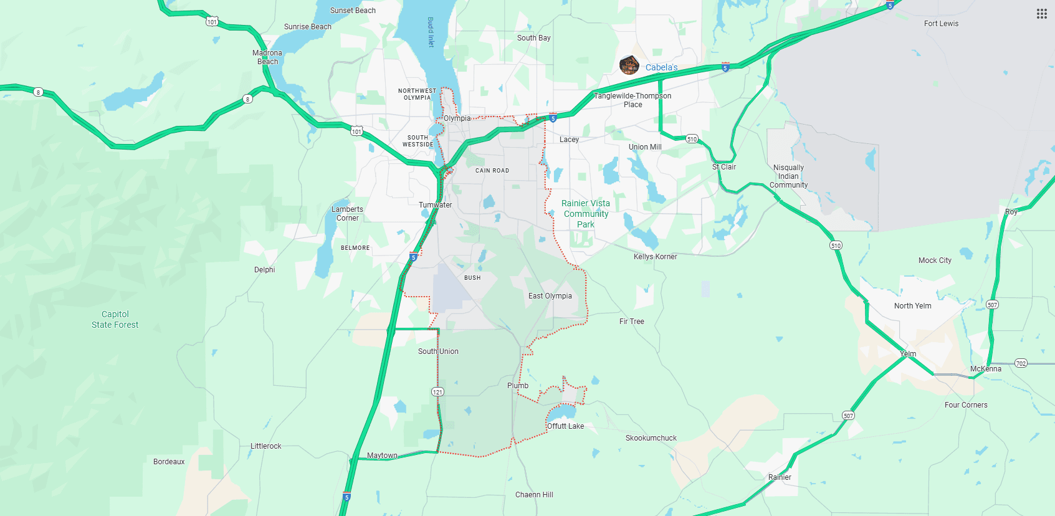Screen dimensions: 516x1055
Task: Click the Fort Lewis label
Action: pyautogui.click(x=941, y=24)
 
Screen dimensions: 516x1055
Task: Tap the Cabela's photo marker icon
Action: pyautogui.click(x=629, y=65)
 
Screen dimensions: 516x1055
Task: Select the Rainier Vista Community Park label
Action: pyautogui.click(x=586, y=214)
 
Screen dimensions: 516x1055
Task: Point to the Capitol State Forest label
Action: pyautogui.click(x=115, y=320)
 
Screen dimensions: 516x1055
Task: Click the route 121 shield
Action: pyautogui.click(x=437, y=392)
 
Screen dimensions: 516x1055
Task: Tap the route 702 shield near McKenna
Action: pyautogui.click(x=1021, y=363)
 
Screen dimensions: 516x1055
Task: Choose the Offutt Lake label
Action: pyautogui.click(x=566, y=426)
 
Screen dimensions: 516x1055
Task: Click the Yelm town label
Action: pyautogui.click(x=908, y=354)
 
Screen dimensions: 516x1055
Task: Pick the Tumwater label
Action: pyautogui.click(x=436, y=205)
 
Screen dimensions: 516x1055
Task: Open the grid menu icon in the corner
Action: pyautogui.click(x=1041, y=14)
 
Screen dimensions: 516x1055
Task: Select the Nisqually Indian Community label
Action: pyautogui.click(x=788, y=176)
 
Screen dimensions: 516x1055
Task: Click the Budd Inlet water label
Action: pyautogui.click(x=431, y=32)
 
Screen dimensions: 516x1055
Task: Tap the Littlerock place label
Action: pyautogui.click(x=266, y=446)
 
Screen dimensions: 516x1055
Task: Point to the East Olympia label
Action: pyautogui.click(x=550, y=296)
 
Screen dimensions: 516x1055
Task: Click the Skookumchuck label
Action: pyautogui.click(x=651, y=438)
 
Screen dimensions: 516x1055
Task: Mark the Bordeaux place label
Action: pyautogui.click(x=169, y=462)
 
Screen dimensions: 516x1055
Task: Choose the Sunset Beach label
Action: pyautogui.click(x=353, y=11)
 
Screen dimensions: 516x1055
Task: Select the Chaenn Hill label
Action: pyautogui.click(x=534, y=495)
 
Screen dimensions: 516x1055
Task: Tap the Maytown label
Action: pyautogui.click(x=382, y=456)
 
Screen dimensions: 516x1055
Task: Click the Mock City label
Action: pyautogui.click(x=935, y=260)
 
